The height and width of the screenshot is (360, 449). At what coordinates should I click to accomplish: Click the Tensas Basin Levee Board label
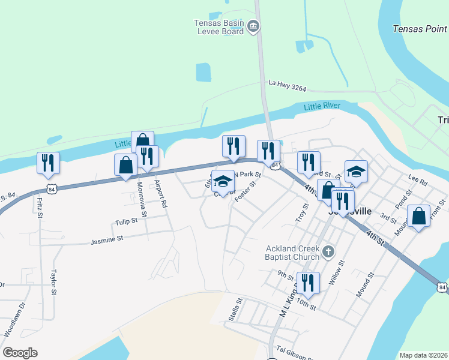pyautogui.click(x=218, y=27)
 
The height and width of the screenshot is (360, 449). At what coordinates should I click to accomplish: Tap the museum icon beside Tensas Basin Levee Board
pyautogui.click(x=253, y=26)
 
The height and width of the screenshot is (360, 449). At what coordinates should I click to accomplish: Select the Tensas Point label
pyautogui.click(x=419, y=29)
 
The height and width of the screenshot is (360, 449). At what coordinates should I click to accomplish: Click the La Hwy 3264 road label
pyautogui.click(x=288, y=86)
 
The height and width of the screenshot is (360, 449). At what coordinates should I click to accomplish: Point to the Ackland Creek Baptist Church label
pyautogui.click(x=292, y=253)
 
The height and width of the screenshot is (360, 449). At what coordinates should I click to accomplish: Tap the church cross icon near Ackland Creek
pyautogui.click(x=328, y=252)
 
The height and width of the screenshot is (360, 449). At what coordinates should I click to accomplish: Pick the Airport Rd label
pyautogui.click(x=159, y=193)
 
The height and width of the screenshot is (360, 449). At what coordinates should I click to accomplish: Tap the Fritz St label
pyautogui.click(x=40, y=206)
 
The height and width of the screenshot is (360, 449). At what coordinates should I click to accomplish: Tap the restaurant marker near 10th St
pyautogui.click(x=308, y=283)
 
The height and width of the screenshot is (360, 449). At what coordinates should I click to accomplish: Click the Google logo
pyautogui.click(x=20, y=353)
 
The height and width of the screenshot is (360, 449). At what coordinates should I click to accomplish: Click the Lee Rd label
pyautogui.click(x=417, y=178)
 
